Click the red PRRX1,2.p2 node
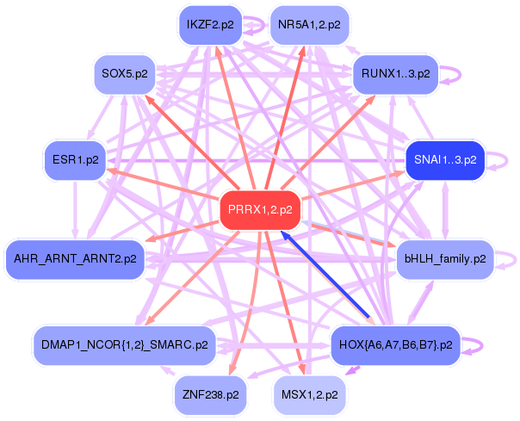pyautogui.click(x=260, y=209)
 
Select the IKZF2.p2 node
pyautogui.click(x=209, y=25)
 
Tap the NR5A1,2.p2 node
pyautogui.click(x=310, y=25)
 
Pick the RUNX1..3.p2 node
pyautogui.click(x=396, y=73)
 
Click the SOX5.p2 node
pyautogui.click(x=125, y=73)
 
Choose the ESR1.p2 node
pyautogui.click(x=75, y=160)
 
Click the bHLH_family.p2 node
pyautogui.click(x=444, y=257)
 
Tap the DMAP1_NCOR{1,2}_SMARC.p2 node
pyautogui.click(x=124, y=344)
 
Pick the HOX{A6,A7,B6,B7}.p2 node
pyautogui.click(x=395, y=344)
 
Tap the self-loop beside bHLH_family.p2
pyautogui.click(x=513, y=257)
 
